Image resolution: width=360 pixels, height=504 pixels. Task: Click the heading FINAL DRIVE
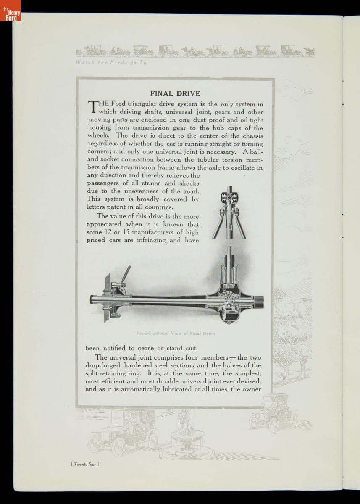[x=175, y=93]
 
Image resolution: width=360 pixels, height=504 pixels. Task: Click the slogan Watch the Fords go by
[x=110, y=62]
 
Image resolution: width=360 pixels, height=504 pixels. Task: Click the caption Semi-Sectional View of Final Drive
[x=176, y=333]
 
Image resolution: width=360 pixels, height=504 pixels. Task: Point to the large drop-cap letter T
[x=92, y=108]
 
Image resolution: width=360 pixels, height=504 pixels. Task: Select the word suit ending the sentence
[x=190, y=348]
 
